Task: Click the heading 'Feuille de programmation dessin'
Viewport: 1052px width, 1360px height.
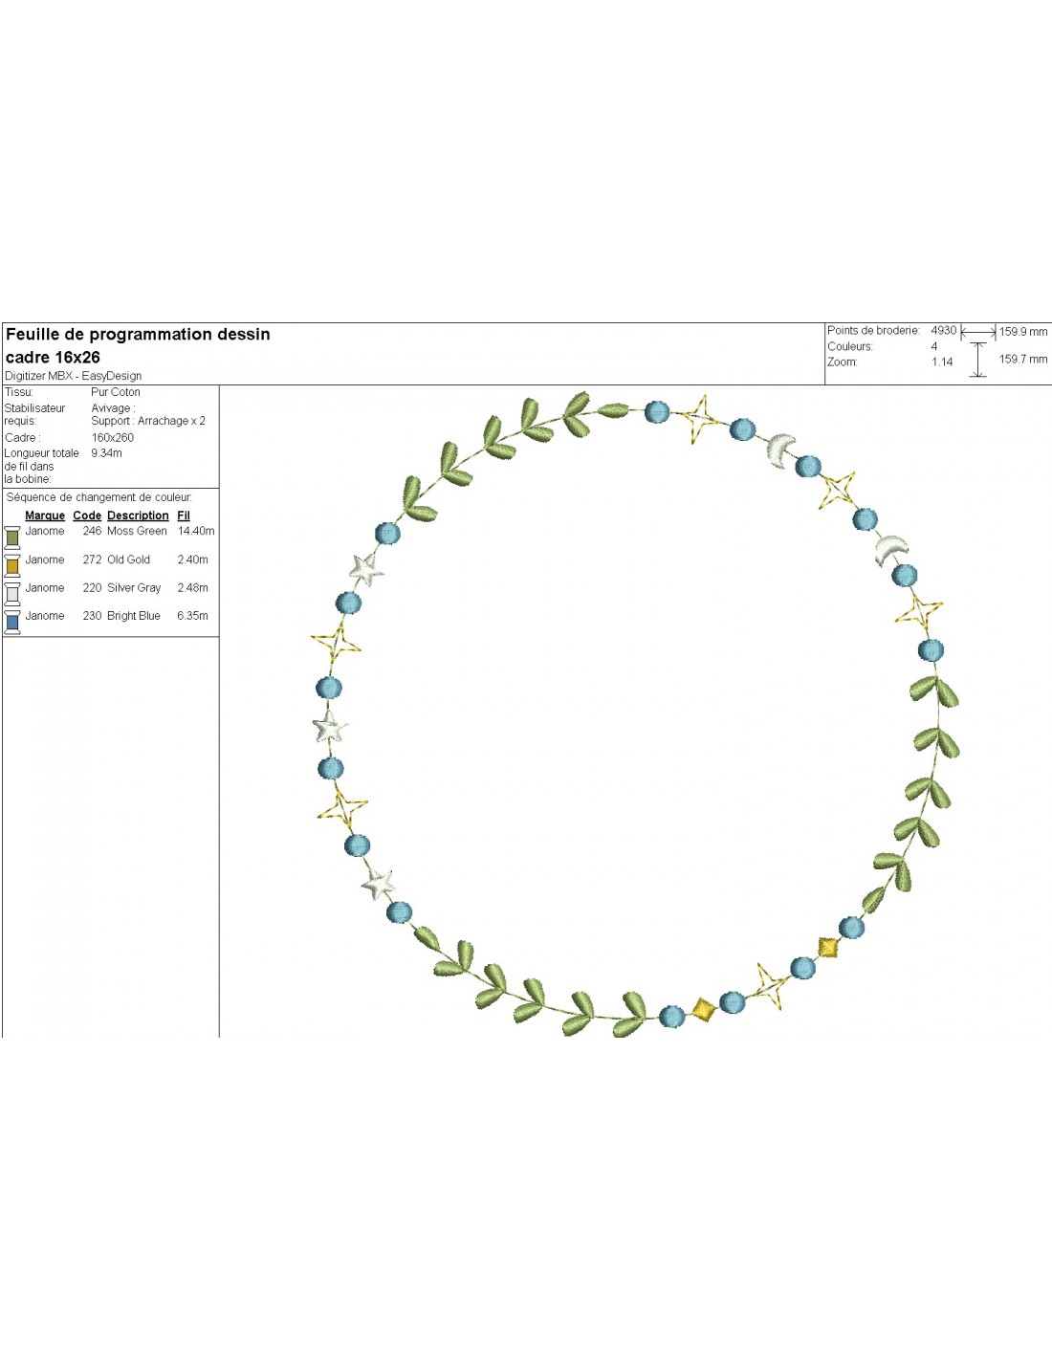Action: click(138, 335)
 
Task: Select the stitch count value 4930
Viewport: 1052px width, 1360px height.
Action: click(943, 331)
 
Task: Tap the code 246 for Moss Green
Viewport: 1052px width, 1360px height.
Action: click(92, 532)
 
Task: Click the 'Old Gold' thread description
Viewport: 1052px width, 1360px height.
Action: click(128, 560)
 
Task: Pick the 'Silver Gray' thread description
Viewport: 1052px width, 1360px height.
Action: click(134, 588)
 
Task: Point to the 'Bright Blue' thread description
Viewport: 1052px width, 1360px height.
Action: click(133, 616)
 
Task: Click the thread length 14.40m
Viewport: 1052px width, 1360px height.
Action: click(196, 532)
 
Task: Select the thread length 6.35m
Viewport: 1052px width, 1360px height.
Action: click(192, 616)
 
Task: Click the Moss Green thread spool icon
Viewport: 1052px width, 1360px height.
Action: click(12, 537)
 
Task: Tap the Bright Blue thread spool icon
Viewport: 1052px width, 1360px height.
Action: click(12, 622)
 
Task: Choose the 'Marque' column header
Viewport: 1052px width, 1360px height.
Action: click(45, 515)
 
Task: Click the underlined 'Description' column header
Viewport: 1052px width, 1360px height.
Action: click(138, 515)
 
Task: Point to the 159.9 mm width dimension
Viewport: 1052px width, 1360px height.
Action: click(1023, 332)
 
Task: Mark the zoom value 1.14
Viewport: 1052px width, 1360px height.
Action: click(942, 362)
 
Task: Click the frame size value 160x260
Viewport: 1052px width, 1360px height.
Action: click(113, 438)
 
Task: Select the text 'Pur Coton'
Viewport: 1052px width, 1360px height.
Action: click(116, 392)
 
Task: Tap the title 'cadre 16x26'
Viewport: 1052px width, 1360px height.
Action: click(53, 358)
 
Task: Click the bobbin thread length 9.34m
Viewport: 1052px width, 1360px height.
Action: click(106, 453)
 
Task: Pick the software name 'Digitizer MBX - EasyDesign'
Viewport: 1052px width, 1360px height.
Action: click(74, 376)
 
